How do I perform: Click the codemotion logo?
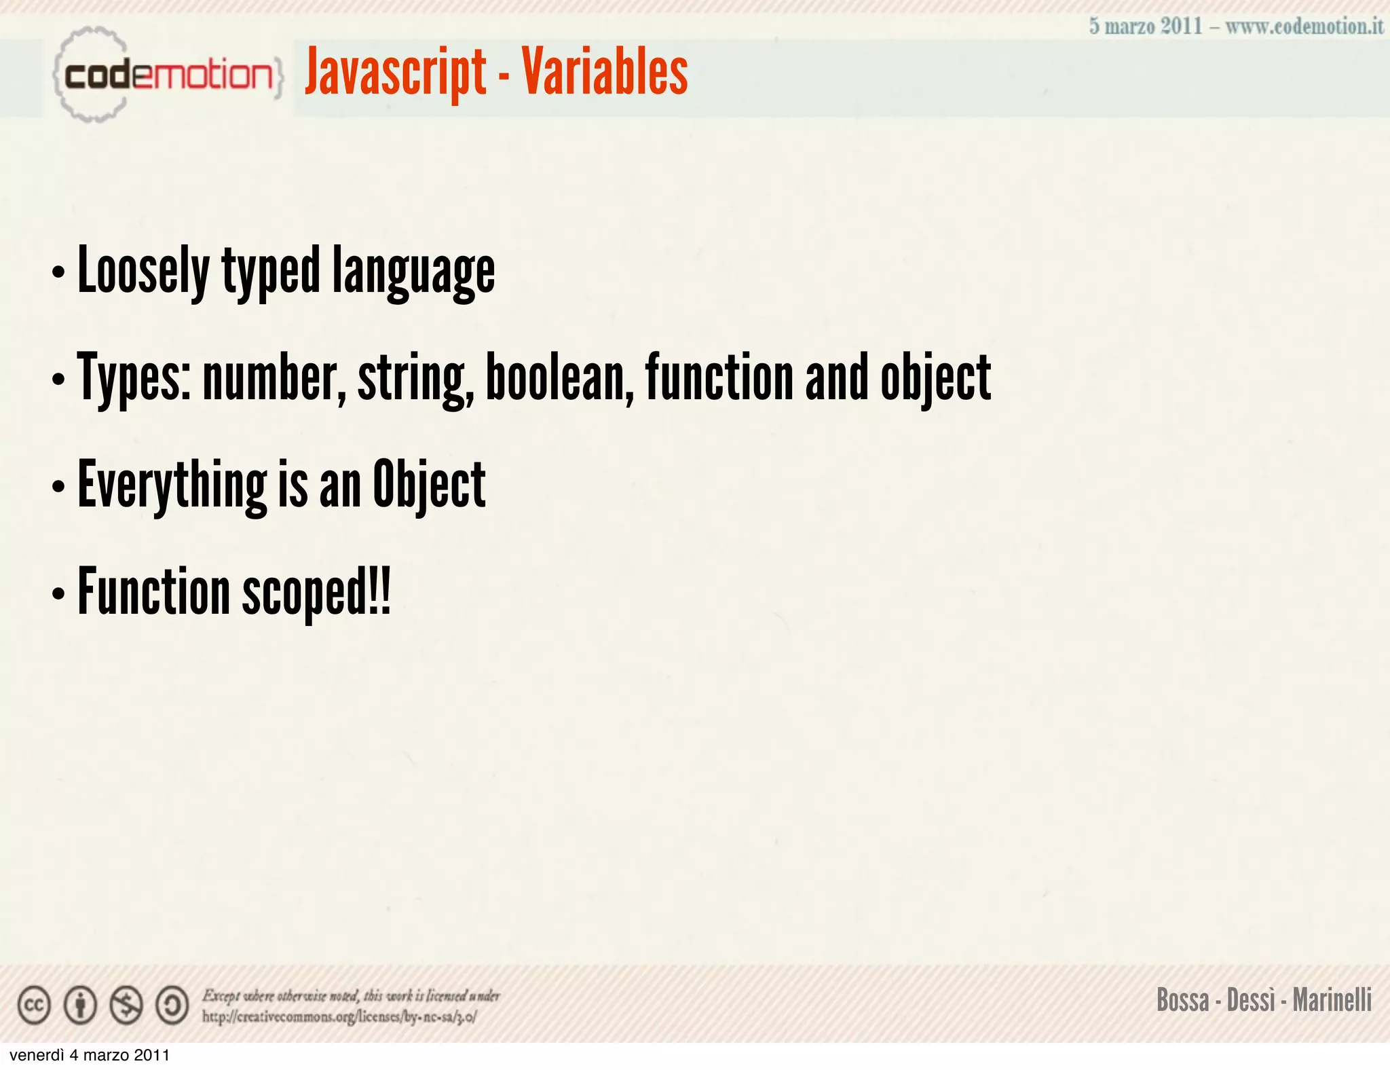point(166,74)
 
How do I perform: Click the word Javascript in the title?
point(395,73)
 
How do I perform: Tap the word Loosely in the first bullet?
point(144,272)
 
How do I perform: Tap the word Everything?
point(172,485)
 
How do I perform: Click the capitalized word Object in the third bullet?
point(429,485)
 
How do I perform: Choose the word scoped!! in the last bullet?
point(316,592)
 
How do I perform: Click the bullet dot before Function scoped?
point(58,593)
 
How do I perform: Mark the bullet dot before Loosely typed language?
point(58,273)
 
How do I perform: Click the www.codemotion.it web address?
point(1304,26)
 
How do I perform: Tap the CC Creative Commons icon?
point(34,1005)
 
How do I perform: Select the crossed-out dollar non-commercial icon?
point(126,1005)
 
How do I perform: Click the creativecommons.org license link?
point(339,1016)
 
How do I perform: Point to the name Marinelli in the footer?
point(1332,1000)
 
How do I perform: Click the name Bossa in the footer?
point(1182,1000)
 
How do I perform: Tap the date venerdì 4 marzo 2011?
point(90,1055)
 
